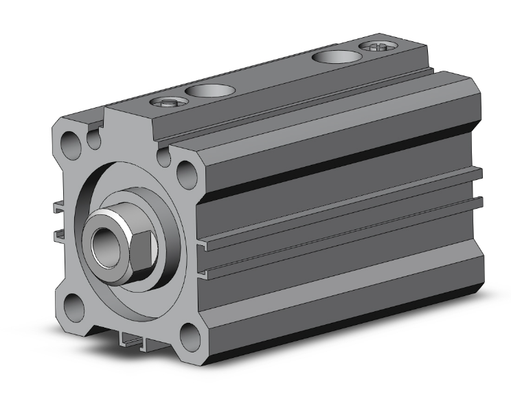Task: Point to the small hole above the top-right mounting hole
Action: tap(164, 157)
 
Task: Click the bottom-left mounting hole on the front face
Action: tap(73, 307)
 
